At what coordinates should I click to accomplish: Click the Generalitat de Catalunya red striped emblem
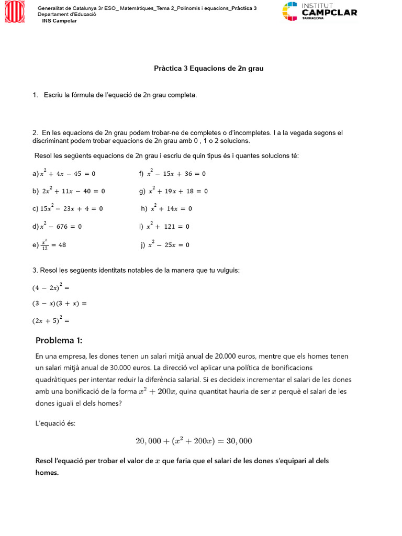[14, 12]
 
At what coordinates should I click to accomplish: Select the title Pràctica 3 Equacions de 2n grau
[208, 69]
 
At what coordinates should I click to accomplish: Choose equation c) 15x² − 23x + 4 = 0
[68, 208]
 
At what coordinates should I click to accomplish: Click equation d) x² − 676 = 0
[58, 226]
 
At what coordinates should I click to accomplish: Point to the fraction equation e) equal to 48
[49, 244]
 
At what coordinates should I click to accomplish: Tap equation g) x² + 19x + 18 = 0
[174, 191]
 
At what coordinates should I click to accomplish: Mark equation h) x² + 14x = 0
[167, 208]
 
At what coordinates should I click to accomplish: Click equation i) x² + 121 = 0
[164, 226]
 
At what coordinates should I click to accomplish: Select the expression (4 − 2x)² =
[51, 287]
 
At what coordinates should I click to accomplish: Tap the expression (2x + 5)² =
[51, 320]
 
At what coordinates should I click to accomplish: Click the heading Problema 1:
[59, 340]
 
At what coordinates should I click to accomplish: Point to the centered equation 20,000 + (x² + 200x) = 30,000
[194, 441]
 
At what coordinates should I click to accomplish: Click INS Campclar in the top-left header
[59, 20]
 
